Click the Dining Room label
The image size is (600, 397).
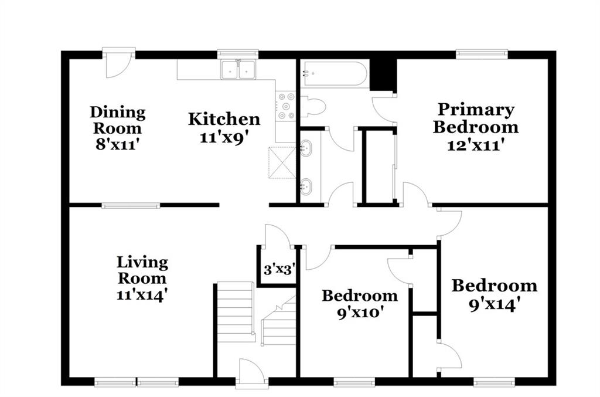[x=118, y=120]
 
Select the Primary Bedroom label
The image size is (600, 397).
[x=476, y=118]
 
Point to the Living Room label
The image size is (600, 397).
[x=142, y=270]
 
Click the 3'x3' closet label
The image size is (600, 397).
[x=279, y=270]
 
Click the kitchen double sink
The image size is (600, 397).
[x=238, y=69]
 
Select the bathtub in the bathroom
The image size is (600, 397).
[x=333, y=73]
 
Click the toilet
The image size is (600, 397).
[x=313, y=106]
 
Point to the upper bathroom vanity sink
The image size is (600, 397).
[x=306, y=148]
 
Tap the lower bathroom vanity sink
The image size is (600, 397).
[x=306, y=186]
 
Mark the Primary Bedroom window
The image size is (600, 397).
[x=482, y=54]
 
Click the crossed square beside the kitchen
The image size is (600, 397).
[x=282, y=162]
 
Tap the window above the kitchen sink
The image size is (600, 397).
[x=238, y=54]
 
